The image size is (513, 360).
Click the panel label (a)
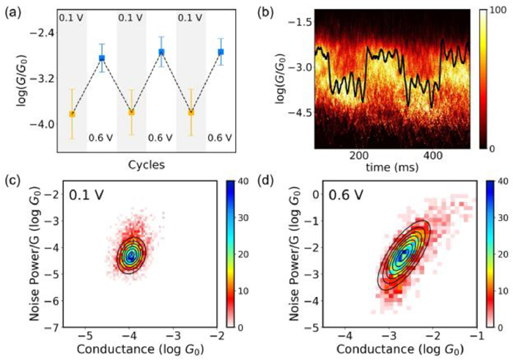click(x=15, y=10)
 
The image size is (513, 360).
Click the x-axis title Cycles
click(x=146, y=164)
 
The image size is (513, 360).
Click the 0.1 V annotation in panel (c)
click(x=89, y=197)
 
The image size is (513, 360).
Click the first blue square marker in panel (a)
click(x=102, y=58)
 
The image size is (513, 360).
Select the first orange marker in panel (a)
click(x=72, y=114)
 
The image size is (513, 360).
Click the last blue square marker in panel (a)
click(x=221, y=52)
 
